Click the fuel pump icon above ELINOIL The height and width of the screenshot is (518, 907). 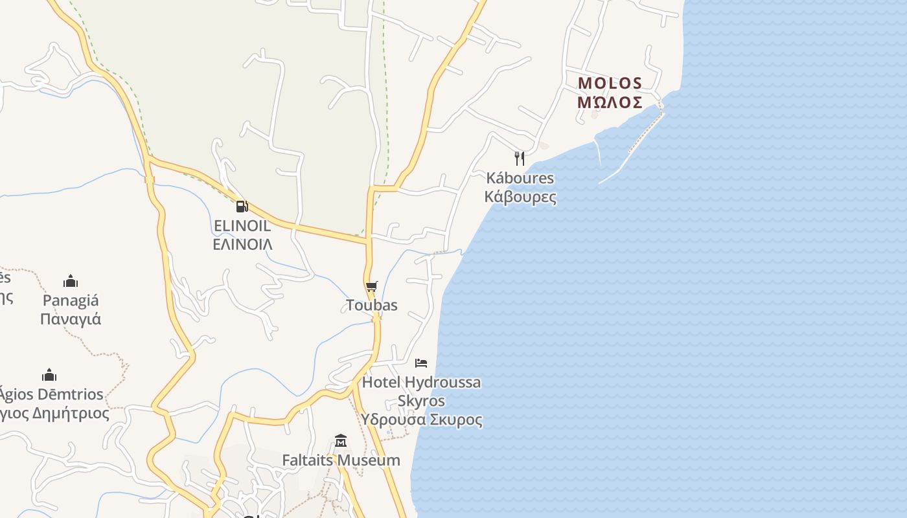click(242, 207)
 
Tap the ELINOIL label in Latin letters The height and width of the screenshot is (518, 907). click(242, 226)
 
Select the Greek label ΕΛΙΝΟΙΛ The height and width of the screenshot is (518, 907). click(242, 244)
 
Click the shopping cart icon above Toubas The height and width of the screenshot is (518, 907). click(371, 287)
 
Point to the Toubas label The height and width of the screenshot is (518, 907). click(372, 305)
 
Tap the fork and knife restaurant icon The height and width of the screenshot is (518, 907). click(520, 159)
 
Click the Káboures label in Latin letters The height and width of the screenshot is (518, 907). click(520, 178)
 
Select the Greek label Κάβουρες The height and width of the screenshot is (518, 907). click(520, 196)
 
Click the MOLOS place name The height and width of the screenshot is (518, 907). click(610, 84)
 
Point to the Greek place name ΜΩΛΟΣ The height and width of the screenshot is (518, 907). click(610, 102)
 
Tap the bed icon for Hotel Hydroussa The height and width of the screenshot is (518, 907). click(421, 363)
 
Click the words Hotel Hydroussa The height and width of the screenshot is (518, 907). click(421, 382)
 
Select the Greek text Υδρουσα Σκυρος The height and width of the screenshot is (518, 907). click(421, 420)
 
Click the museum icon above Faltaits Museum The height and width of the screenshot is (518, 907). click(341, 442)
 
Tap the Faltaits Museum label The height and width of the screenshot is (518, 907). click(341, 460)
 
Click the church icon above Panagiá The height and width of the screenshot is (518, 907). click(71, 282)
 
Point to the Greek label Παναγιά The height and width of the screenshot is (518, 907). click(71, 319)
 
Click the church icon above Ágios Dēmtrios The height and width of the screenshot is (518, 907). click(49, 376)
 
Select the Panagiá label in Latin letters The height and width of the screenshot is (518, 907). click(71, 300)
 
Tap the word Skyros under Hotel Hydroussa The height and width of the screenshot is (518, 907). click(421, 401)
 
